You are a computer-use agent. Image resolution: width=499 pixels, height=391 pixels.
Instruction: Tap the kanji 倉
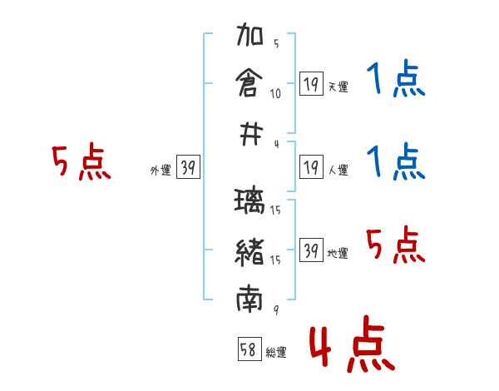[250, 84]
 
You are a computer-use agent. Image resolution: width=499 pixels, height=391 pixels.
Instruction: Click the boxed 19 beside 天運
[311, 83]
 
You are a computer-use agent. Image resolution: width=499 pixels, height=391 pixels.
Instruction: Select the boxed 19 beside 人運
[311, 167]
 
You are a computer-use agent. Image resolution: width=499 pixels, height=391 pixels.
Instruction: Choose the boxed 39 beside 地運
[311, 250]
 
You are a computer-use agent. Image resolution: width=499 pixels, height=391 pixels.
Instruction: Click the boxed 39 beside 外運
[188, 167]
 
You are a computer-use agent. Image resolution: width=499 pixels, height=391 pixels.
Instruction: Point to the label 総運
[276, 353]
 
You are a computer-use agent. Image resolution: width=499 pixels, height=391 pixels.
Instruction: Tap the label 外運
[161, 171]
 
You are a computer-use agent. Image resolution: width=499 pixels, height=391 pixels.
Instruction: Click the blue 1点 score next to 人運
[395, 162]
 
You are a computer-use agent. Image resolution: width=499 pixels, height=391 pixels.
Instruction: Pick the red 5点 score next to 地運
[395, 245]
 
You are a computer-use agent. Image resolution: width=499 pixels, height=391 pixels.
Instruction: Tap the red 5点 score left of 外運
[81, 162]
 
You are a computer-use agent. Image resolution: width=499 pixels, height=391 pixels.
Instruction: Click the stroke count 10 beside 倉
[275, 93]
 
